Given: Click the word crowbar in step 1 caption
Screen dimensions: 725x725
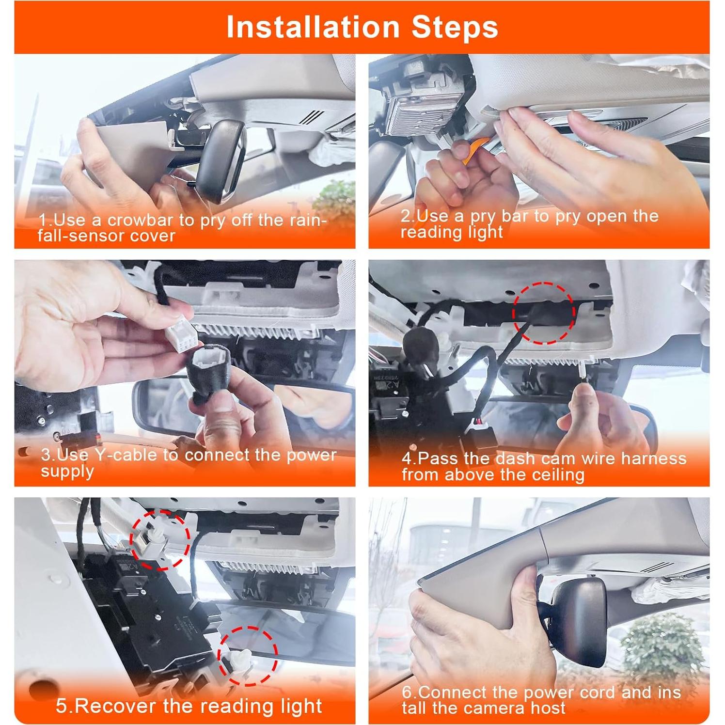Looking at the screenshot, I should pyautogui.click(x=140, y=221).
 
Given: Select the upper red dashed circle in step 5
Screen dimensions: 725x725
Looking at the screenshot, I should pyautogui.click(x=158, y=539).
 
